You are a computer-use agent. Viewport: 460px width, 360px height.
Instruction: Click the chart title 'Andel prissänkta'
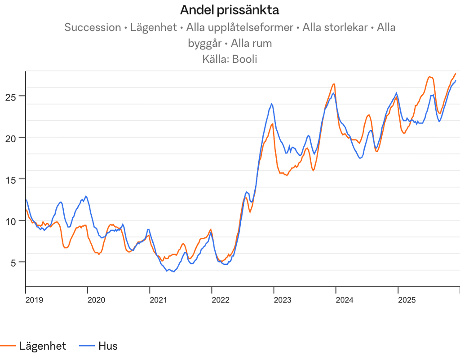[230, 9]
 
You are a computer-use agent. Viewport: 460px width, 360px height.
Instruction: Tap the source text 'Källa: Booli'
[230, 59]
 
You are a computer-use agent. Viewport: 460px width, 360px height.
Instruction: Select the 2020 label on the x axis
[97, 300]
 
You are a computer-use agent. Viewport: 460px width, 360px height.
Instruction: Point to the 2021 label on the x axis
[159, 300]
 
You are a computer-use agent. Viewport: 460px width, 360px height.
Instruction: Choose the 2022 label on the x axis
[221, 300]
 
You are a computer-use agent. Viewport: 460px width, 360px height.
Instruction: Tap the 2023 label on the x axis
[283, 300]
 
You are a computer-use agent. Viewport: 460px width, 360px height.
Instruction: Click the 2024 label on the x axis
[345, 300]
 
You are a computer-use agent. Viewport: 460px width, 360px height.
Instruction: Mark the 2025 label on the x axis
[407, 300]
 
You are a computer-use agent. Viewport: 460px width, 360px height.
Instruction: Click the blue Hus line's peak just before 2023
[271, 104]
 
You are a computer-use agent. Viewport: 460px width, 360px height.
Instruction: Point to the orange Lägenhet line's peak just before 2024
[334, 83]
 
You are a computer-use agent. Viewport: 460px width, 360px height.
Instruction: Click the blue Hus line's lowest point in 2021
[173, 272]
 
